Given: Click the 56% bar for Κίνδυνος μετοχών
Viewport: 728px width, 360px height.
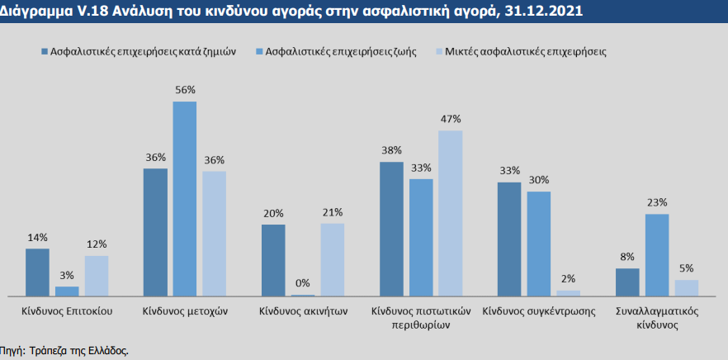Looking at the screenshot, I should pos(184,198).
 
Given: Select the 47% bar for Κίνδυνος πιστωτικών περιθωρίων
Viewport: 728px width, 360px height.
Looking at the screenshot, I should pos(451,213).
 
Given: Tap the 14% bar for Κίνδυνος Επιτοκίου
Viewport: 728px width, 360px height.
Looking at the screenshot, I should pos(37,272).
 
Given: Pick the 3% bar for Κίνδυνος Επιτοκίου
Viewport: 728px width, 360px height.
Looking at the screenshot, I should pos(67,291).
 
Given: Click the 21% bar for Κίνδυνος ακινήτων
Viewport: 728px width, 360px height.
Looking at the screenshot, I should pos(333,259).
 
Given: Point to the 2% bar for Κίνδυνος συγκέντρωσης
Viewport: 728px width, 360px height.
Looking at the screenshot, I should pos(569,292).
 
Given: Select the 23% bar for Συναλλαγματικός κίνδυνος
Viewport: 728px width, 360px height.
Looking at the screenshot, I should pos(657,254).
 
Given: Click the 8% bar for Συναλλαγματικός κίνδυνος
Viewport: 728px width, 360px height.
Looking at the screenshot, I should pos(628,282).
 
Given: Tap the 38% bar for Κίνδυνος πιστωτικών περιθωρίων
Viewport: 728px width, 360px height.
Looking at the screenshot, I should pos(391,229).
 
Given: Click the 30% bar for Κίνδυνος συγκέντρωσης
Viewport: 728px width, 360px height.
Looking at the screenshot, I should pos(539,243).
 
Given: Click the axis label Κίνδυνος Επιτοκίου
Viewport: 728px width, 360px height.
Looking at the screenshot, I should pos(67,312).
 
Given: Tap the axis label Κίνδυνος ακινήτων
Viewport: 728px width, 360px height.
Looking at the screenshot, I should pos(302,312).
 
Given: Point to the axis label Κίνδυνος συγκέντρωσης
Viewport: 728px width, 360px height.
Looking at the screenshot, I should pos(539,312).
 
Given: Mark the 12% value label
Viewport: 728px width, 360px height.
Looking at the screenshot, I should pos(97,244).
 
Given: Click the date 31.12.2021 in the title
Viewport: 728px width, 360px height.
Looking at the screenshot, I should pos(551,12).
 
